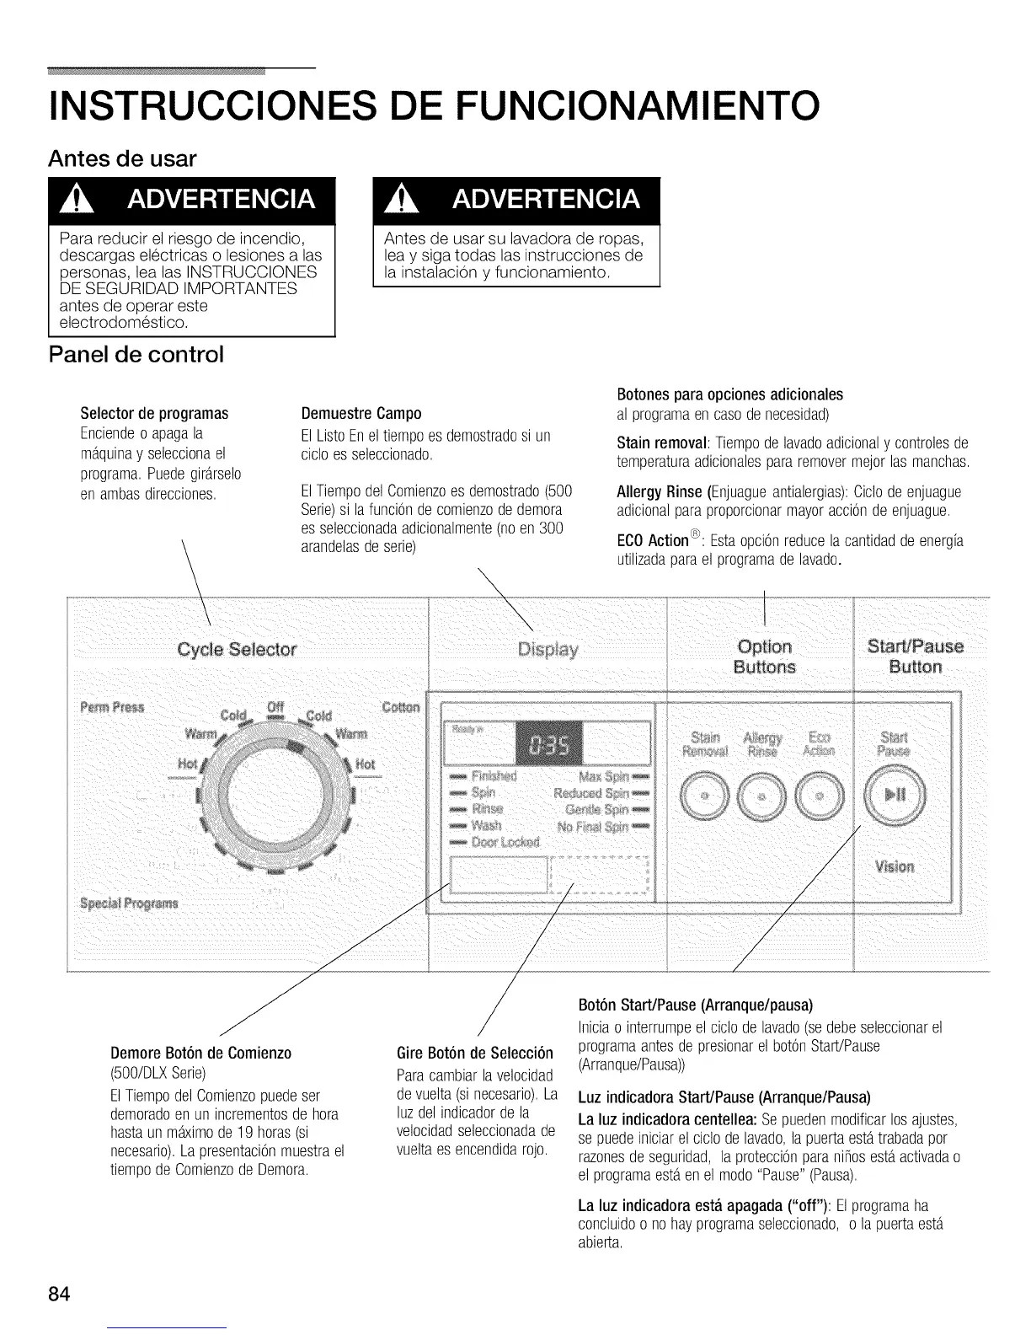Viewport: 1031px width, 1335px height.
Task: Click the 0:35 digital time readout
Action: click(548, 745)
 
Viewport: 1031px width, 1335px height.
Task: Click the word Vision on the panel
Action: click(894, 866)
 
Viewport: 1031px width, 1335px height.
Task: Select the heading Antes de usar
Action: click(123, 158)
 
